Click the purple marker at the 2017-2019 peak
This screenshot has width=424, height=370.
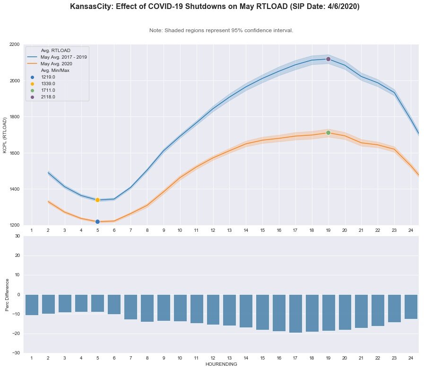tap(328, 59)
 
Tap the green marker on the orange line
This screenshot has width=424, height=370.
tap(328, 132)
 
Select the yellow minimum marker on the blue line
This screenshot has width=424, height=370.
tap(97, 200)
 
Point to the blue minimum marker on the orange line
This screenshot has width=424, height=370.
tap(97, 221)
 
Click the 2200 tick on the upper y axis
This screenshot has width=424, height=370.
tap(15, 44)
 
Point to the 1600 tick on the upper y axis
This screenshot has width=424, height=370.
tap(15, 153)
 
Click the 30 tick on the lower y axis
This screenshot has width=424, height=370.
tap(18, 236)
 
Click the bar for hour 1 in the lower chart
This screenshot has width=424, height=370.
tap(32, 305)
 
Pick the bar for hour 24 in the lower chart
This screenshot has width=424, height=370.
tap(411, 307)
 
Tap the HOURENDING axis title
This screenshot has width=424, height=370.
tap(221, 365)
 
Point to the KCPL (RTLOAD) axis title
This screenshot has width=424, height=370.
tap(6, 135)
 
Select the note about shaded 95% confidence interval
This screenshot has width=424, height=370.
tap(221, 30)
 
